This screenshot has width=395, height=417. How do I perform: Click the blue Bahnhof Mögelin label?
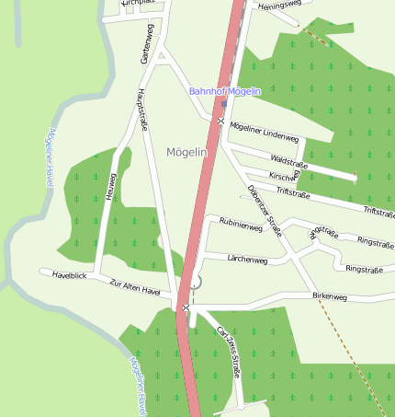point(225,91)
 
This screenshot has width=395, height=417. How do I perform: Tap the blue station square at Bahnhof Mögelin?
point(223,104)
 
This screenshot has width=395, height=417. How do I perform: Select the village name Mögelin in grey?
point(189,151)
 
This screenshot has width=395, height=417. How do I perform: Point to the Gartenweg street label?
point(146,44)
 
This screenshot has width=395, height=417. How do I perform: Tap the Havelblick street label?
point(69,275)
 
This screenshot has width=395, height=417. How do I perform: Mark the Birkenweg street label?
point(330,296)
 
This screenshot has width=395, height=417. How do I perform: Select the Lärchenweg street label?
point(247,261)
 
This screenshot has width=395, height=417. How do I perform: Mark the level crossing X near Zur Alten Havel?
point(186,307)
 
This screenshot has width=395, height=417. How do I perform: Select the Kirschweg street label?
point(284,176)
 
